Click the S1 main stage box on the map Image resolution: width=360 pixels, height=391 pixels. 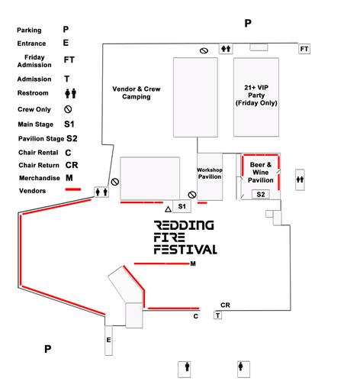(x=182, y=206)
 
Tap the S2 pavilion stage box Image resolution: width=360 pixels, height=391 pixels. (x=261, y=195)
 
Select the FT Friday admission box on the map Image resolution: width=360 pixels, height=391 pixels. (x=304, y=49)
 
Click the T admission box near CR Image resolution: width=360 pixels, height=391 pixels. (x=217, y=315)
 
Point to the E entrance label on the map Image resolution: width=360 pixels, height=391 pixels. (x=108, y=340)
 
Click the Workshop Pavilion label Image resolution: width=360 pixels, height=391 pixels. (x=210, y=173)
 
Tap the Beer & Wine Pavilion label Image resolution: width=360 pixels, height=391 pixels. (x=261, y=173)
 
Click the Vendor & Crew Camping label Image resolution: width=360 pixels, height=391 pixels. (x=137, y=92)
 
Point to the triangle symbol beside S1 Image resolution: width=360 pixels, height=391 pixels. (x=168, y=209)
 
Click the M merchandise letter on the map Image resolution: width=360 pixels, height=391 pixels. (x=193, y=263)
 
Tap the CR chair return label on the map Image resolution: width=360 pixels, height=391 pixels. (x=225, y=305)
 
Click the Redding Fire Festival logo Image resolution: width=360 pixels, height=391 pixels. (x=185, y=238)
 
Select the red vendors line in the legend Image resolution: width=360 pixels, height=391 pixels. (x=73, y=189)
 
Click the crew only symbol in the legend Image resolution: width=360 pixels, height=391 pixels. (x=68, y=109)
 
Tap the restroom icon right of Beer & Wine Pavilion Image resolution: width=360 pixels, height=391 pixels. (x=300, y=179)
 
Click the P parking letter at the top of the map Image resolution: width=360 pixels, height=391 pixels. (x=248, y=23)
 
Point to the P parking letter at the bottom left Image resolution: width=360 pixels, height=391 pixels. (x=47, y=349)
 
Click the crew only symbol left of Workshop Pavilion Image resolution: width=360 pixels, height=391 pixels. (x=192, y=195)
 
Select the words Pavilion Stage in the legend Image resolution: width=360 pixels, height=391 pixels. (x=41, y=139)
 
